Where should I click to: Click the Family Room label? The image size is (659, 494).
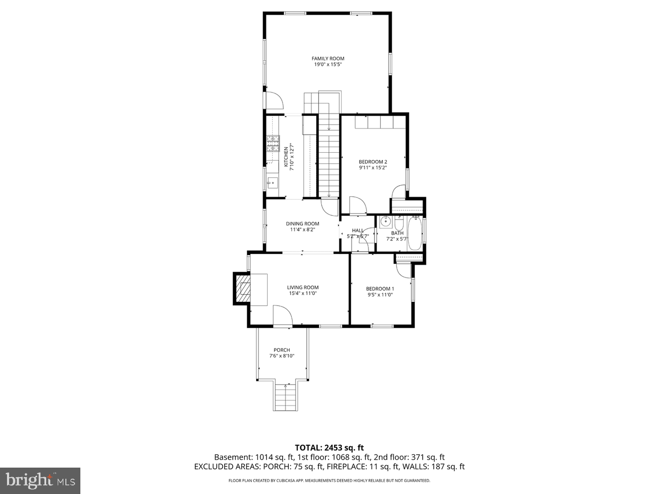point(328,59)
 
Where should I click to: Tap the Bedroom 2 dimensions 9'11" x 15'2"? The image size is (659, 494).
point(373,168)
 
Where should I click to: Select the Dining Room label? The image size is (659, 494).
point(302,224)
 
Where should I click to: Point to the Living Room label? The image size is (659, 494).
point(302,287)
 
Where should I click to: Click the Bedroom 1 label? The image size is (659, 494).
point(380,289)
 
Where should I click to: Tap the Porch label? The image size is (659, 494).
point(281,350)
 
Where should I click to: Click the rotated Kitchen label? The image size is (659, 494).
point(286,157)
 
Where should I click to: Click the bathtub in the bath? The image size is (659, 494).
point(415,233)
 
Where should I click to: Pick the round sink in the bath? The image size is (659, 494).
point(385,222)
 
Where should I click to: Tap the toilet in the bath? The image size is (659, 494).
point(399,224)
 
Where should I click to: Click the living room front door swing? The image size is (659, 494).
point(282,315)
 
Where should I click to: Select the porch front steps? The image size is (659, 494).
point(286,397)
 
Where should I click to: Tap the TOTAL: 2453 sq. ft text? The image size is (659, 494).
point(329,448)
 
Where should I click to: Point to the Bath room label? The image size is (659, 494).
point(397,233)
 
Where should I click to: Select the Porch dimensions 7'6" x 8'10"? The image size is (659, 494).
point(281,356)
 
